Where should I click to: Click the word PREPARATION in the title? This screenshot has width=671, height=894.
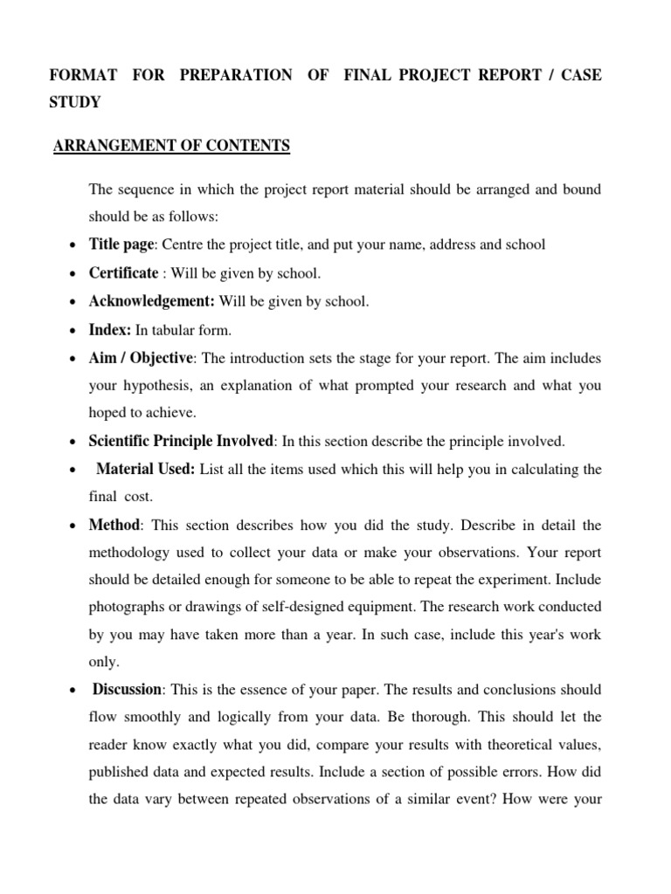point(236,75)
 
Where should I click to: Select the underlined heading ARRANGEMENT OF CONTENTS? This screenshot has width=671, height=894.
point(171,146)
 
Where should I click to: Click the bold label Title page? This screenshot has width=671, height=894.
point(121,244)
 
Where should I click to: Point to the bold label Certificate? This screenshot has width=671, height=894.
point(124,273)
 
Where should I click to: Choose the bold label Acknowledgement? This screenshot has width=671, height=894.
point(152,301)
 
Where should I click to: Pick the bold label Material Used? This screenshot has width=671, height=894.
point(146,469)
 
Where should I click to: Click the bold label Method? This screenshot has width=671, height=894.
point(114,526)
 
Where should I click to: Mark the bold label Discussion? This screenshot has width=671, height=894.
point(128,690)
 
